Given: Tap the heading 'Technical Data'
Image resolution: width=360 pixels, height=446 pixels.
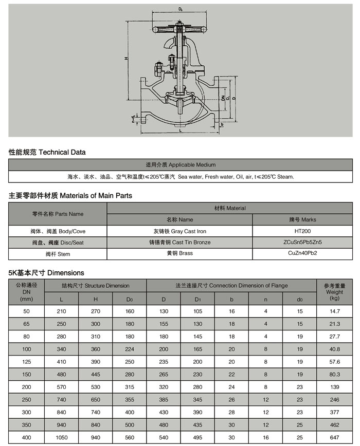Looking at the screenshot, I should click(47, 152).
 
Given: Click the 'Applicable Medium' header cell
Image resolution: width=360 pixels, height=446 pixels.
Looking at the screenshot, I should click(181, 165).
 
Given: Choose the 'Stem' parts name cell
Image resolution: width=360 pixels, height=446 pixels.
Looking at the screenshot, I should click(58, 254).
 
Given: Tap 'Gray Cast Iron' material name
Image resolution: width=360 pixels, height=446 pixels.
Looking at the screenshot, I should click(179, 231).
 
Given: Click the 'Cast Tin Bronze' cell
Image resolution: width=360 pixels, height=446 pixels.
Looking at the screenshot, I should click(179, 243).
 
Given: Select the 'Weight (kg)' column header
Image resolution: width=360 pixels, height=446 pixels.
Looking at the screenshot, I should click(335, 292).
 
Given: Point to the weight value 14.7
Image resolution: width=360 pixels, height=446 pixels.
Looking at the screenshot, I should click(335, 311).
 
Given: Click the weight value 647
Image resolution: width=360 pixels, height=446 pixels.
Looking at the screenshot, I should click(335, 438).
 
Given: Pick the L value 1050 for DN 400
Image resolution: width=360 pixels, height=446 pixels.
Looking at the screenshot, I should click(61, 438).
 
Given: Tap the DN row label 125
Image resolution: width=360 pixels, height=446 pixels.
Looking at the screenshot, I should click(27, 362).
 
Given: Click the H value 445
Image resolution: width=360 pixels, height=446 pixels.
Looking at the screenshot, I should click(95, 375).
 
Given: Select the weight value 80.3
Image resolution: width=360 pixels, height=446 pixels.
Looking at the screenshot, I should click(335, 375).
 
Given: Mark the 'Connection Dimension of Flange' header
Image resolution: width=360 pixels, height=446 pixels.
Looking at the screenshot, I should click(231, 286).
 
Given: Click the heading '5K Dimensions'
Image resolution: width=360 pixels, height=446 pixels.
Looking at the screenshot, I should click(46, 273).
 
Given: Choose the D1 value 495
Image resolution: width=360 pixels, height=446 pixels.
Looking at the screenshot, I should click(197, 438).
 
